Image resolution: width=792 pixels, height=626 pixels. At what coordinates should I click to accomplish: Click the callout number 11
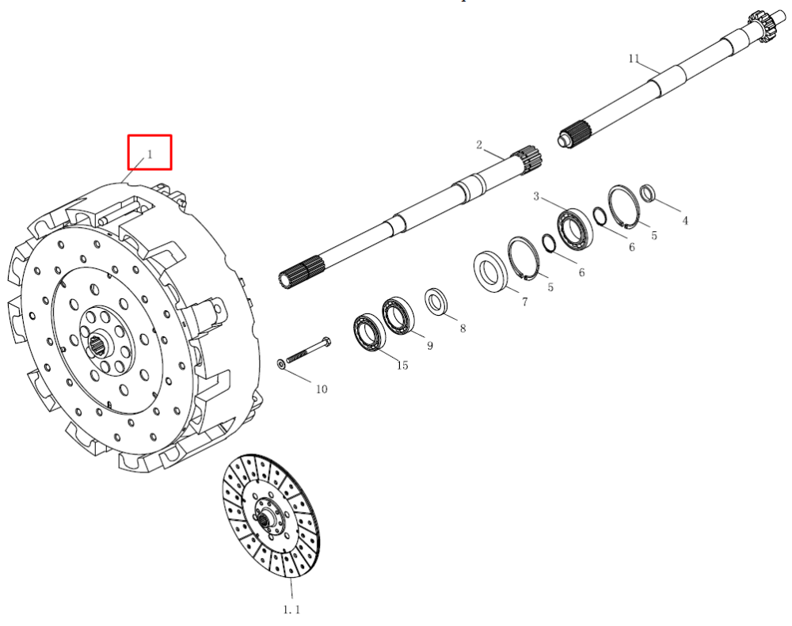coord(634,59)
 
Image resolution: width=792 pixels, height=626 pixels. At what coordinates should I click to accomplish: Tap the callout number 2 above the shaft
coord(479,145)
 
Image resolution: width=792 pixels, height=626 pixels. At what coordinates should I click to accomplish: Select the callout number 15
coord(402,365)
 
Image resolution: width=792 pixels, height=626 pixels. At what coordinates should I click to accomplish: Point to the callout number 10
coord(322,389)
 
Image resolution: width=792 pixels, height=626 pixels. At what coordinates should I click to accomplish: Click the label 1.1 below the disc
coord(291,610)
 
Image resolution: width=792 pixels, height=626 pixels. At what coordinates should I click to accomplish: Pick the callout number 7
coord(525,302)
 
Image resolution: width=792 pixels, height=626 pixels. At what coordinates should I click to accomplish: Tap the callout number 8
coord(463,328)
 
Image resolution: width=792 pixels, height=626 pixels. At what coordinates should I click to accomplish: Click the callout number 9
coord(430,346)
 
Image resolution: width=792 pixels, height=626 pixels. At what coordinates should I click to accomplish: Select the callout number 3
coord(536,196)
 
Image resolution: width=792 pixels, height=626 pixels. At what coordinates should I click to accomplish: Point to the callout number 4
coord(685,221)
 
